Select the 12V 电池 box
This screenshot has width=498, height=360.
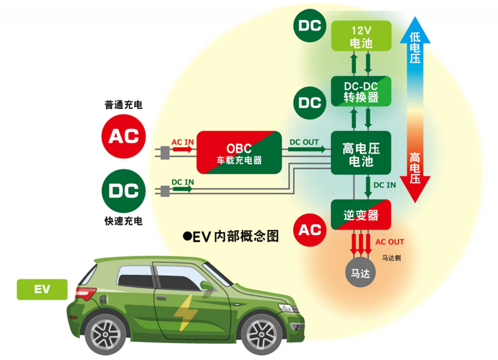tap(361, 36)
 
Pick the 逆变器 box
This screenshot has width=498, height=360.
tap(361, 215)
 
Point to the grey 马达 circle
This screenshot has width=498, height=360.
tap(360, 274)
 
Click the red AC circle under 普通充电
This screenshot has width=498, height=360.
tap(123, 136)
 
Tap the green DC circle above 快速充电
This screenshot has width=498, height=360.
tap(123, 190)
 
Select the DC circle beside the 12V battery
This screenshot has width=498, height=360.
tap(310, 26)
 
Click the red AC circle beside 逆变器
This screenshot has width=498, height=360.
tap(310, 230)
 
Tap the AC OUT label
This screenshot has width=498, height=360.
tap(390, 242)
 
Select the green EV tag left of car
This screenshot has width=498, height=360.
tap(41, 289)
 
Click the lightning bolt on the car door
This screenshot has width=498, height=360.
tap(184, 312)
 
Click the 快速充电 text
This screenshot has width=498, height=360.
tap(123, 221)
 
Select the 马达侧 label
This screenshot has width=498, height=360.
tap(392, 257)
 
